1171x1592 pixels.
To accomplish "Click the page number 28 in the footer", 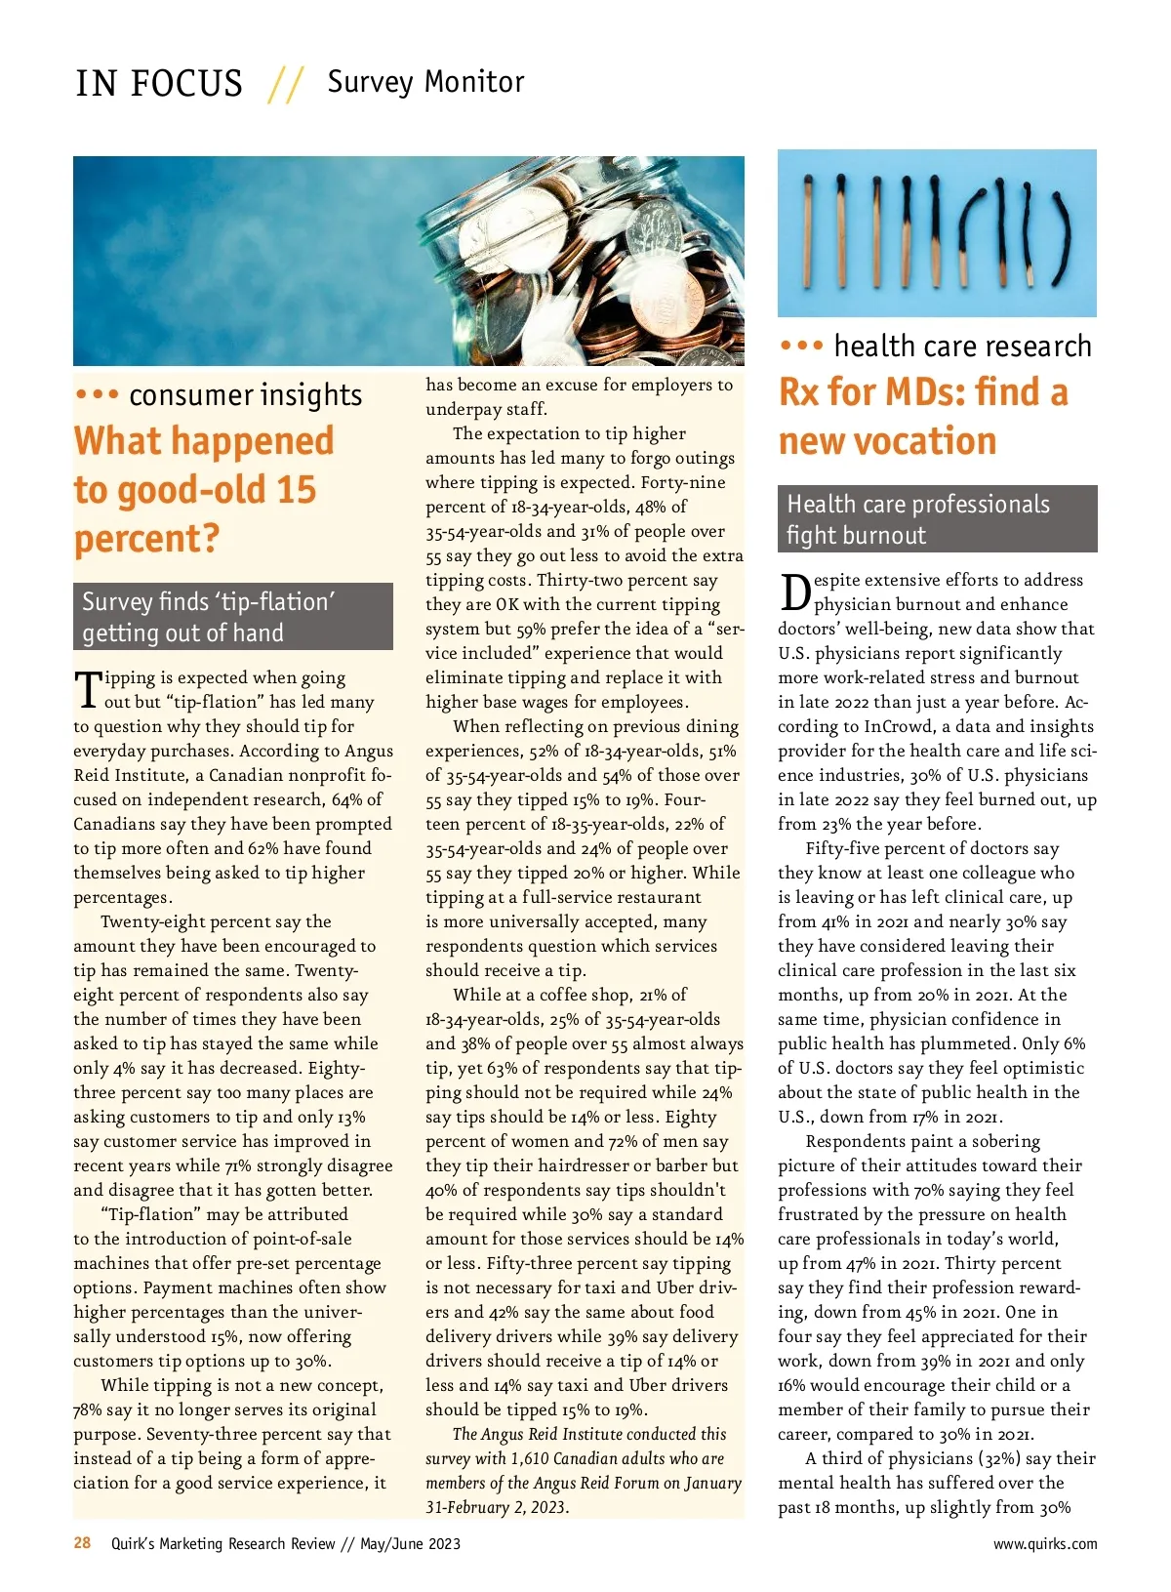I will [x=82, y=1542].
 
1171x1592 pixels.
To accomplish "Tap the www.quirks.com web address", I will [x=1044, y=1544].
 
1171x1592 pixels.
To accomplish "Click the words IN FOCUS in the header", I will [x=159, y=84].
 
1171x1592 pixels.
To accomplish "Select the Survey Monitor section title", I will [x=425, y=82].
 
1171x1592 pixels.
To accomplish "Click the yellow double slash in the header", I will [x=285, y=84].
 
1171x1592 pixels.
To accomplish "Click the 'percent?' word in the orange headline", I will [x=146, y=539].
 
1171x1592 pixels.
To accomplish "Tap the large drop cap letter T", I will [x=88, y=689].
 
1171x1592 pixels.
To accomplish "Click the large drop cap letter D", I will [x=794, y=592].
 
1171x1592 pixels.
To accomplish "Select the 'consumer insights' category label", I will [x=245, y=395].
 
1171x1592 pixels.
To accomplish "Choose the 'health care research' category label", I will [x=962, y=347].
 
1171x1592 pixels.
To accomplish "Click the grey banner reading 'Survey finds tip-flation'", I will [x=233, y=617].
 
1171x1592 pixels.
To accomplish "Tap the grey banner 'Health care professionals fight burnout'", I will [x=937, y=519].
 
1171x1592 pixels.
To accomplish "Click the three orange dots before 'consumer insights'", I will [x=97, y=395].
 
